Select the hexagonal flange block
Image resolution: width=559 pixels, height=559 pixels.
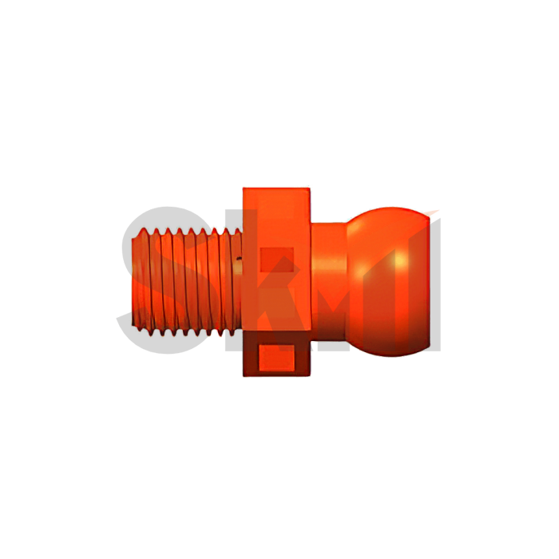click(x=276, y=279)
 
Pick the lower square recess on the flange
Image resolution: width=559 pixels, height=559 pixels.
click(x=278, y=357)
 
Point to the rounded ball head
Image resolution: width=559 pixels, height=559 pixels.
click(x=387, y=279)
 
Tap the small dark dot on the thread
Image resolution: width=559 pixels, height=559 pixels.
click(x=237, y=259)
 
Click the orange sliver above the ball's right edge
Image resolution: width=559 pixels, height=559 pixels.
click(x=434, y=212)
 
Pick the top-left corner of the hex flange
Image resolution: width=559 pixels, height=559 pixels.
click(x=244, y=189)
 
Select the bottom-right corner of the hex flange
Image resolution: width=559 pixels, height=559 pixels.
click(x=311, y=375)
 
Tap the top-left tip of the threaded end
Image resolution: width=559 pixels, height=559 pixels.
click(x=137, y=229)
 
